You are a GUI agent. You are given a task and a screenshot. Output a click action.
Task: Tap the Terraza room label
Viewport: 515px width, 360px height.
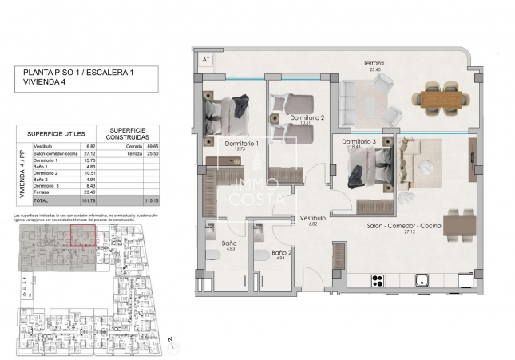(373, 63)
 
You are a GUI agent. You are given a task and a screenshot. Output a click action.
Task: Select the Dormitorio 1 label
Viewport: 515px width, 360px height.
(236, 143)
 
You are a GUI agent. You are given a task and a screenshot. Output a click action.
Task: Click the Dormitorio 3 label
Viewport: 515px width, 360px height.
(359, 142)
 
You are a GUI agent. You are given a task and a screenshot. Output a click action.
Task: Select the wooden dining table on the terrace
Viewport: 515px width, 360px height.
(439, 97)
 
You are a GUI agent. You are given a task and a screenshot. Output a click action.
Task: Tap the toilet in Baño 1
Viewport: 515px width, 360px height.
(214, 255)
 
